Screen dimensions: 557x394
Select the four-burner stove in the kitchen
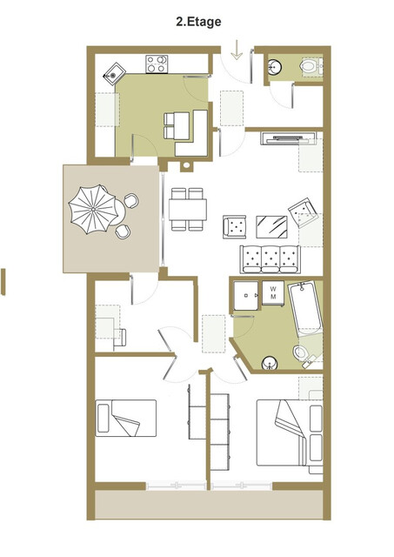tap(156, 63)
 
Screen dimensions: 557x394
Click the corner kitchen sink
tap(114, 71)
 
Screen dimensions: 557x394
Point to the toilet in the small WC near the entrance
tap(309, 65)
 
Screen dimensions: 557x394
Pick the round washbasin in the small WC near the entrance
tap(274, 66)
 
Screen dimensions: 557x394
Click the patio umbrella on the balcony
tap(91, 210)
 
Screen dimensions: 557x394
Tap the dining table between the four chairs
tap(188, 209)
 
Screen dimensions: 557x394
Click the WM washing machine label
tap(273, 292)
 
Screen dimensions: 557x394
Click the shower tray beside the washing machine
tap(244, 296)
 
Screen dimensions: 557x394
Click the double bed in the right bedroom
tap(287, 431)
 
